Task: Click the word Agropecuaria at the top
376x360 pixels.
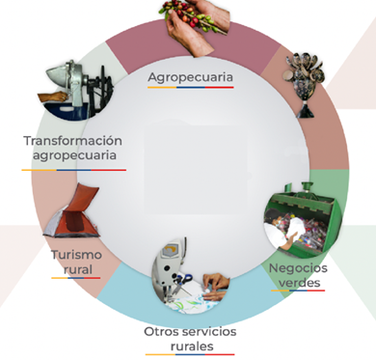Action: (190, 77)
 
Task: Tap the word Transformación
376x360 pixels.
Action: (73, 141)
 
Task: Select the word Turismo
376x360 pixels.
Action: (77, 255)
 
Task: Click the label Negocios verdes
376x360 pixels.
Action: (298, 275)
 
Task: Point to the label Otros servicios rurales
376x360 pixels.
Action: (190, 339)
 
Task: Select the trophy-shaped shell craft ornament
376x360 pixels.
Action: (304, 84)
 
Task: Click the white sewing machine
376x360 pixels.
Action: (171, 267)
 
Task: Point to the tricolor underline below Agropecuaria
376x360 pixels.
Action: (191, 87)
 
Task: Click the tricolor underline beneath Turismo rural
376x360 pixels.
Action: (76, 278)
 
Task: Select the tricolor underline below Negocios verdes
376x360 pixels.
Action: (298, 291)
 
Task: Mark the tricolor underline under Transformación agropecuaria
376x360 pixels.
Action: (74, 170)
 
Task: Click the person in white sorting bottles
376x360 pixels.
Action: (282, 229)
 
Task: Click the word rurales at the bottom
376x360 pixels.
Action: (192, 346)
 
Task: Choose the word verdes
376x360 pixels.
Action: (299, 283)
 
